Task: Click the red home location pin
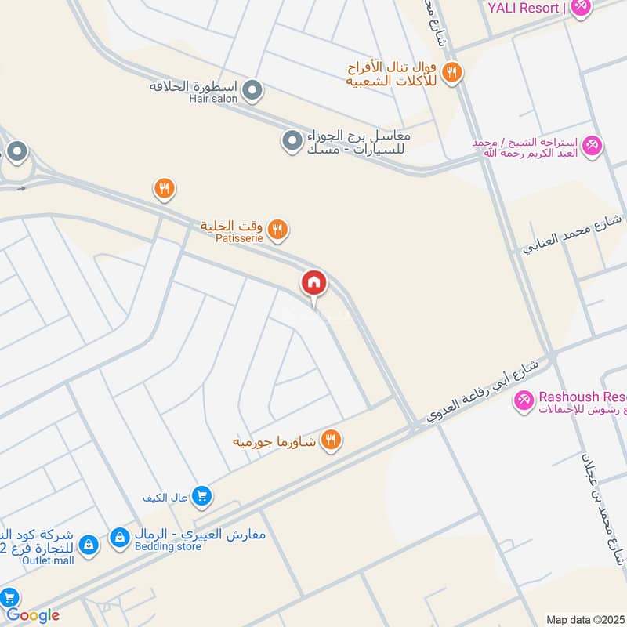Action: click(314, 283)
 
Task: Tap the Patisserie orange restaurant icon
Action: click(277, 230)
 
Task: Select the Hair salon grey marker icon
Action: click(252, 92)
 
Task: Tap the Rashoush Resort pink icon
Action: click(523, 400)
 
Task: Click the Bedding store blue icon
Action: click(120, 538)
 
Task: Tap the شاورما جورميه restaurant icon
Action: click(332, 441)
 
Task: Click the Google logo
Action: click(32, 615)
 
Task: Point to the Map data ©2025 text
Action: click(585, 619)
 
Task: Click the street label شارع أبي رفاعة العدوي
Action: click(483, 391)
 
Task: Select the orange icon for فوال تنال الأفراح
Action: click(451, 74)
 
